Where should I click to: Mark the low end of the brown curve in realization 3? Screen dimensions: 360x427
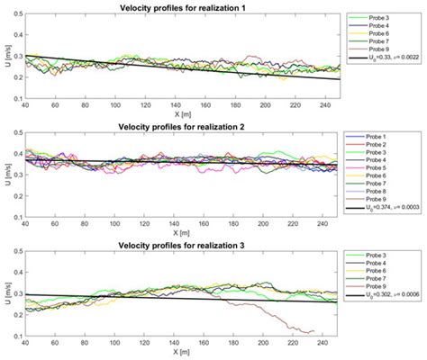[213, 332]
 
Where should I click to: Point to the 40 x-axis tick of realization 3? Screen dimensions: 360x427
[25, 344]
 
